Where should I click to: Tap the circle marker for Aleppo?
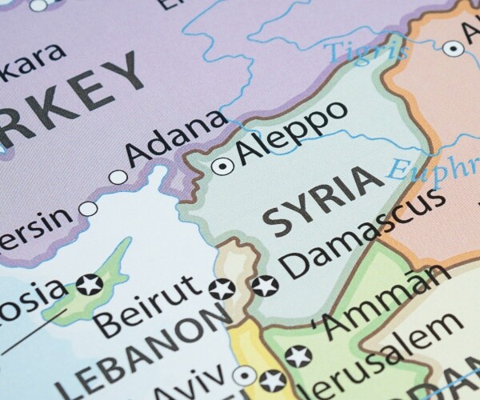coord(222,166)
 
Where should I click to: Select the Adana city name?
coord(178,141)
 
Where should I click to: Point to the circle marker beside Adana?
coord(118,178)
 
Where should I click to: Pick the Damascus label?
coord(364,233)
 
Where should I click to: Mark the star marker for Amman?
coord(298,354)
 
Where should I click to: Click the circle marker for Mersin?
coord(88,210)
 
